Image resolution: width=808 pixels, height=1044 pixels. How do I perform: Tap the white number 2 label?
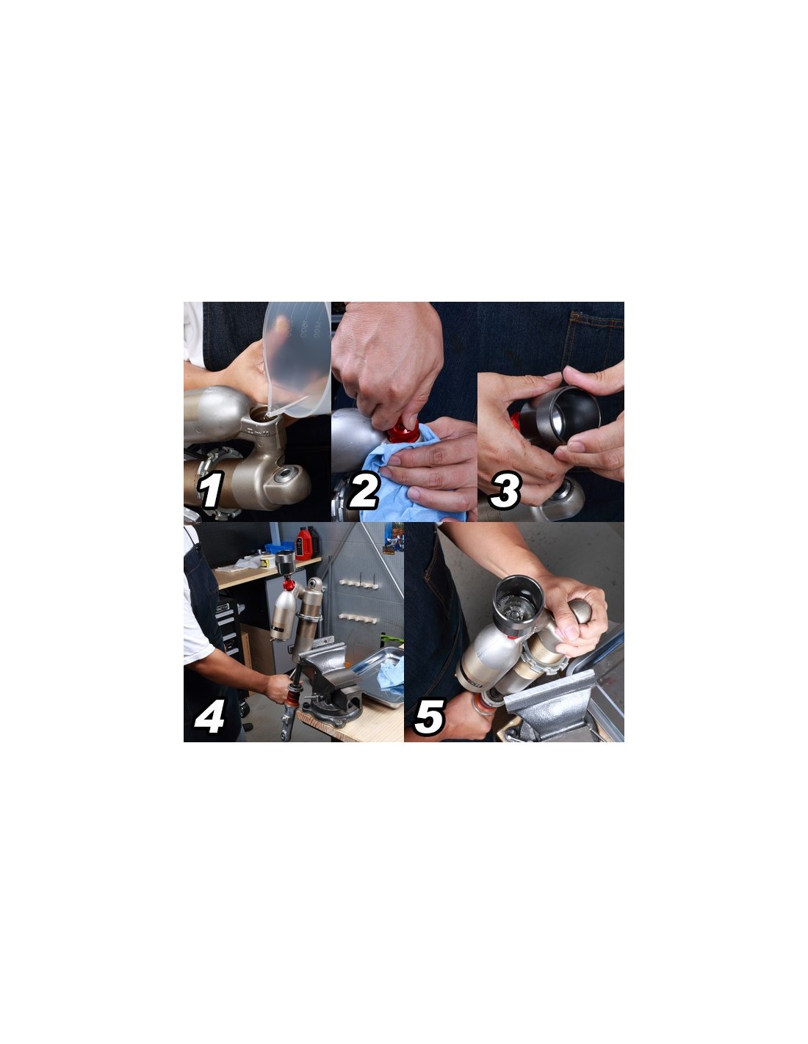[x=363, y=490]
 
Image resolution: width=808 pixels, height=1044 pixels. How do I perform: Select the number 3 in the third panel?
[x=504, y=490]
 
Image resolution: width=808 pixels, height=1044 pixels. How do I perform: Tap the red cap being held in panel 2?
[x=403, y=430]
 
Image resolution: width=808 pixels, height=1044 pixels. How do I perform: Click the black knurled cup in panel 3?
[x=560, y=414]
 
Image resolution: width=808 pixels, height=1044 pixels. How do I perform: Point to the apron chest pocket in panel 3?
[x=595, y=336]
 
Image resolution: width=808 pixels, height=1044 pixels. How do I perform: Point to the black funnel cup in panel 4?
[x=285, y=562]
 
